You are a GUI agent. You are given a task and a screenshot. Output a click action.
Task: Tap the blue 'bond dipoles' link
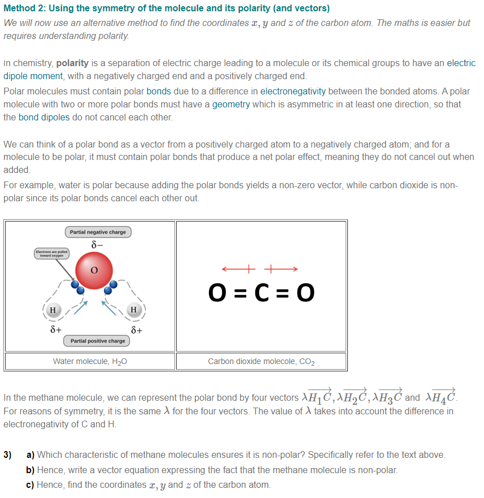coord(44,118)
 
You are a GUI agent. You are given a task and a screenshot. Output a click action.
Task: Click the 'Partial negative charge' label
coord(98,232)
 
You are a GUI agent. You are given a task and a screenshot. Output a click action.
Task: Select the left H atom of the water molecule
coord(53,310)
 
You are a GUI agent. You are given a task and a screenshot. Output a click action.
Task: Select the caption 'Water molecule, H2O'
coord(90,361)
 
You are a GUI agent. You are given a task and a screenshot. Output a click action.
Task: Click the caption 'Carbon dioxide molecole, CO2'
coord(261,361)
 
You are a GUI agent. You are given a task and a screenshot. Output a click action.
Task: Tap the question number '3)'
coord(8,454)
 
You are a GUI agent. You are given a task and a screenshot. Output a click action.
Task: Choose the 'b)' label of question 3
coord(30,470)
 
